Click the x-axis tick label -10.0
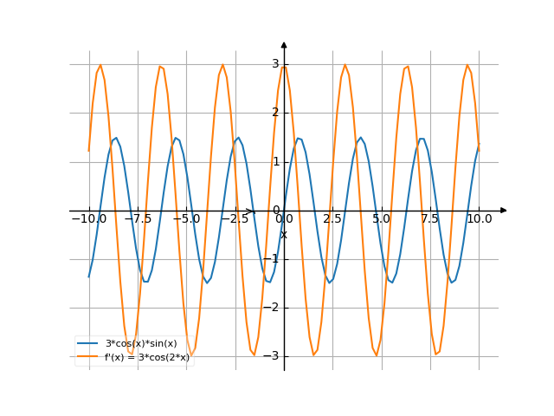pos(88,219)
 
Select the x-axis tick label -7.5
pos(138,219)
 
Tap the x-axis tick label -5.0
pos(186,219)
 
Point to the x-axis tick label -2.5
pos(235,219)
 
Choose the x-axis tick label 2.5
pos(332,219)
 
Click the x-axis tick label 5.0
pos(381,219)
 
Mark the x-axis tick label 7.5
pos(430,219)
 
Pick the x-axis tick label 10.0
pos(479,219)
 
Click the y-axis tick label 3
pos(275,64)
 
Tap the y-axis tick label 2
pos(275,113)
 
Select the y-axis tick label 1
pos(275,161)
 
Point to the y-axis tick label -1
pos(273,259)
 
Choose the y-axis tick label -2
pos(273,308)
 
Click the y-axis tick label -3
pos(273,356)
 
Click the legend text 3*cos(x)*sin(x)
pos(140,344)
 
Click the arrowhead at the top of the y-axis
pos(284,44)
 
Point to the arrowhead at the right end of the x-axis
pos(504,211)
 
